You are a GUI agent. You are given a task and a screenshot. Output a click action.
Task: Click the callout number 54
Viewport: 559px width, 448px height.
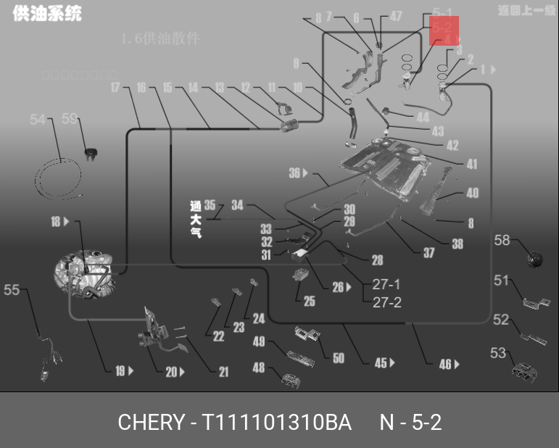tap(37, 120)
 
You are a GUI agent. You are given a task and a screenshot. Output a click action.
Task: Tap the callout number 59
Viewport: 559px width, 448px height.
tap(70, 120)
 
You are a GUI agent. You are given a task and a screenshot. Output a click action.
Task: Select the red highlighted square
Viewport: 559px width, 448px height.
tap(444, 31)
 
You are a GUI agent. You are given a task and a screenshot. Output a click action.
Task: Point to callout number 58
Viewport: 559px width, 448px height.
tap(502, 240)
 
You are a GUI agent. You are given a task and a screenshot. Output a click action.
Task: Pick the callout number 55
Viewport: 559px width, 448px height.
tap(12, 290)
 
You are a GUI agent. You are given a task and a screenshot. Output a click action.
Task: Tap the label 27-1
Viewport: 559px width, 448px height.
tap(386, 284)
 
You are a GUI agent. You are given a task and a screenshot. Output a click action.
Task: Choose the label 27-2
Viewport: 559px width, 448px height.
tap(386, 302)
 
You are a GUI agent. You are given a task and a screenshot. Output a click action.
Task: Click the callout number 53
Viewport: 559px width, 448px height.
tap(497, 353)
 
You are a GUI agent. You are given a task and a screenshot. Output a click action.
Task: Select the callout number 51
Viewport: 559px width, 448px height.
tap(502, 281)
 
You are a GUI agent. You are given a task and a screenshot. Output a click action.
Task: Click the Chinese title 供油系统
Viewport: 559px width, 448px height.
tap(46, 13)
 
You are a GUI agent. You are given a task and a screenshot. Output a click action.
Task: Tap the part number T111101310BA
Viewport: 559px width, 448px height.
tap(277, 422)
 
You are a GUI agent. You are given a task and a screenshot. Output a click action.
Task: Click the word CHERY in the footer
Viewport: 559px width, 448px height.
tap(149, 422)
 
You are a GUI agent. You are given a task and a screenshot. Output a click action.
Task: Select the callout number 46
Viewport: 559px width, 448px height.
tap(444, 365)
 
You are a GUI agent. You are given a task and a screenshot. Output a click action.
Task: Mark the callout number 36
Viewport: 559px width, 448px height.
tap(294, 173)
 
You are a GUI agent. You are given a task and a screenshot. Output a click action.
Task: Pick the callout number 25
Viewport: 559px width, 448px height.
tap(310, 302)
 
